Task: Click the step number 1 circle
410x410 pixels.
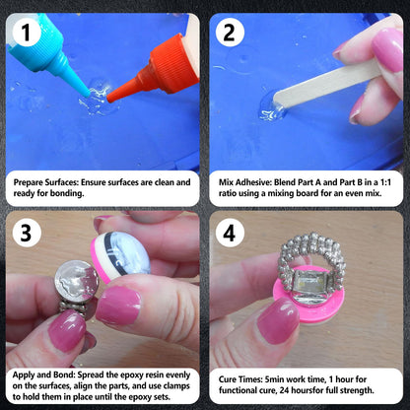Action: point(26,33)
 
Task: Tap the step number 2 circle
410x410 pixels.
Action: point(230,33)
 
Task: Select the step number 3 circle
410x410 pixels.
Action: point(26,233)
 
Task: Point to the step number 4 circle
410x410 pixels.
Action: point(230,233)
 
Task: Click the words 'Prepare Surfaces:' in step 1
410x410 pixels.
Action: point(45,182)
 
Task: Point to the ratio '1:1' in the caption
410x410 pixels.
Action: point(385,182)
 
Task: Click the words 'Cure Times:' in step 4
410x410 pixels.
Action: point(240,379)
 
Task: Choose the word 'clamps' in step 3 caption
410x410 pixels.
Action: point(176,386)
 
